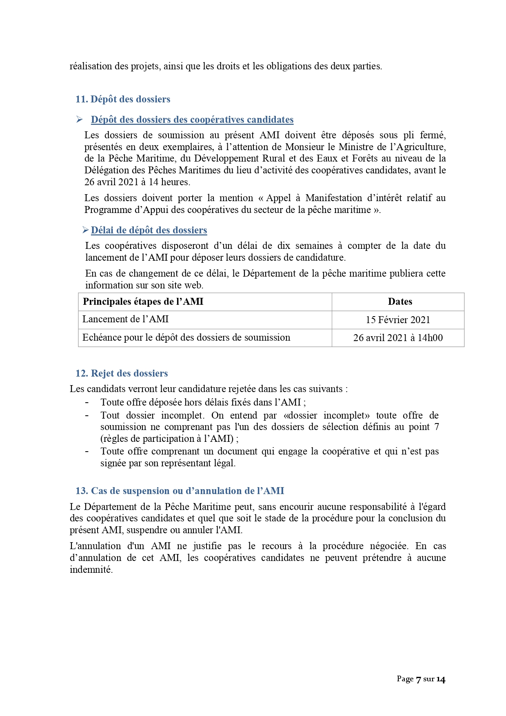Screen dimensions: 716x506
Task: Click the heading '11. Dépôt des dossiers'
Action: click(x=122, y=99)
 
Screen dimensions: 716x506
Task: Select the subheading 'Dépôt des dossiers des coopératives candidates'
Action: click(x=192, y=120)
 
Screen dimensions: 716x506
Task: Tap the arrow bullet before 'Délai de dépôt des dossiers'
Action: click(x=85, y=230)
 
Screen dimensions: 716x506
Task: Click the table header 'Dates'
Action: click(x=400, y=301)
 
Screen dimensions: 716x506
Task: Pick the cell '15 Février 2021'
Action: click(x=398, y=320)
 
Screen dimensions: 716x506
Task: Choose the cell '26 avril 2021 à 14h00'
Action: click(x=398, y=338)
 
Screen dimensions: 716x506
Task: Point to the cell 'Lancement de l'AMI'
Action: click(x=125, y=319)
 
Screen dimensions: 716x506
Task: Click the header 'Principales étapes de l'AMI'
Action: click(x=143, y=301)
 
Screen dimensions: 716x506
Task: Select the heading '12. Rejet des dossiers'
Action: click(x=121, y=373)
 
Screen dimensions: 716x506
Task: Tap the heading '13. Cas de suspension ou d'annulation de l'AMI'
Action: click(x=180, y=491)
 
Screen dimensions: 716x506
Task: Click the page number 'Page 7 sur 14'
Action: click(x=421, y=679)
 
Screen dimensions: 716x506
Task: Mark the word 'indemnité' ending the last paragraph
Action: click(x=91, y=570)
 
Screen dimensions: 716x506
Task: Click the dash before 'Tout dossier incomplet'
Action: click(x=87, y=415)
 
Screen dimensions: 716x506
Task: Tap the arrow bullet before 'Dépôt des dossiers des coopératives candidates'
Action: click(x=80, y=120)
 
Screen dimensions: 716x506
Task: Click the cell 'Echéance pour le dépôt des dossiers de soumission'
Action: click(x=186, y=337)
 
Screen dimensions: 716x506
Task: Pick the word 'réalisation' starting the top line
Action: click(x=91, y=66)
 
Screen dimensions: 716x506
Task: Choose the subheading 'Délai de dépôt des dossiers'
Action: click(x=149, y=230)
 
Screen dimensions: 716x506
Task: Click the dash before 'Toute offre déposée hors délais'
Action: click(x=87, y=402)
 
